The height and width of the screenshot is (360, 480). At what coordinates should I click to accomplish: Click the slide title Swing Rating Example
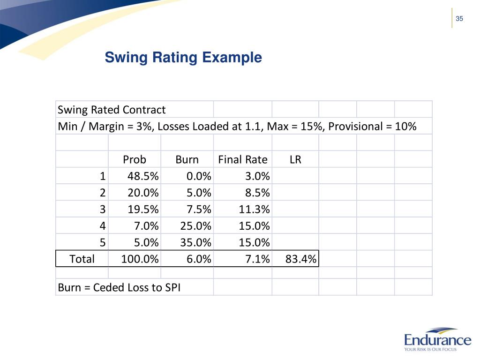point(183,58)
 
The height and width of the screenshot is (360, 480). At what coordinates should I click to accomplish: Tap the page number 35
point(459,19)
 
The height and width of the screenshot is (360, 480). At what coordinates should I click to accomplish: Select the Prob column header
point(135,160)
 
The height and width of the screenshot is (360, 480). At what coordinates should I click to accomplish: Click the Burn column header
point(187,160)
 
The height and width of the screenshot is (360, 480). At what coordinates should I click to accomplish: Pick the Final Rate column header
point(243,160)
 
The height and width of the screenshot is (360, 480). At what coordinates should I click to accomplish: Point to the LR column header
point(295,160)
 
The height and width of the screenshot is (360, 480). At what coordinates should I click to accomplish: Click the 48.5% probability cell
point(143,177)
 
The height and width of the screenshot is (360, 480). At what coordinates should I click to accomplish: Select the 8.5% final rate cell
point(255,193)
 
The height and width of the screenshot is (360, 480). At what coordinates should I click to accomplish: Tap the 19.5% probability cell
point(143,210)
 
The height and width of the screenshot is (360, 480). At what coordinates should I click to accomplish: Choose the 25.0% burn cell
point(196,226)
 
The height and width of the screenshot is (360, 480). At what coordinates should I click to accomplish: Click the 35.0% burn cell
point(196,243)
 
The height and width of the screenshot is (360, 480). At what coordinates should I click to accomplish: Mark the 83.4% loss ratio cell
point(301,259)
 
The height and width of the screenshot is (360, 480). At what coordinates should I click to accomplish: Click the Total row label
point(82,259)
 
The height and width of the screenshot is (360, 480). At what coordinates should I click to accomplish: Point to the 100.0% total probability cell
point(140,259)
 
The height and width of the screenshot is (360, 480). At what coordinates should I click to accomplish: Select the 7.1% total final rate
point(257,259)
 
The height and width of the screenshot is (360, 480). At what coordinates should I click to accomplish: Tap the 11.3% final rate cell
point(255,210)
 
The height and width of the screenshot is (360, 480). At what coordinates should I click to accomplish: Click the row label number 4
point(103,226)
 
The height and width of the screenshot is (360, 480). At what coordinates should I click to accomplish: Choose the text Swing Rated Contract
point(112,110)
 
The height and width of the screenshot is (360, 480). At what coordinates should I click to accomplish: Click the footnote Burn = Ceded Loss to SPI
point(119,287)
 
